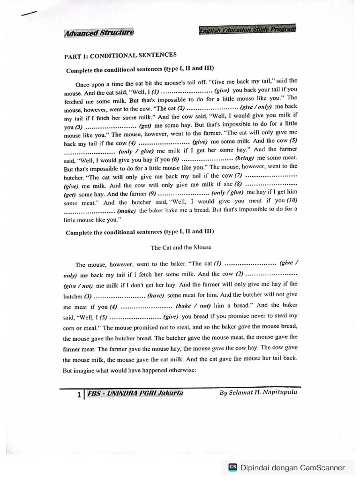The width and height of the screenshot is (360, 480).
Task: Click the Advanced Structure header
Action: [x=98, y=32]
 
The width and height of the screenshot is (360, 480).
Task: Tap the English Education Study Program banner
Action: [x=247, y=31]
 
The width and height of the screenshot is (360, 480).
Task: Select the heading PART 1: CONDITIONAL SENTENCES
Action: [x=120, y=56]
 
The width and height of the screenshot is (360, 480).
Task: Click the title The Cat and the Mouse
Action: [x=181, y=247]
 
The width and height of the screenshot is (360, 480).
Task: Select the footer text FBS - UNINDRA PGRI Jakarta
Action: [x=135, y=394]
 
